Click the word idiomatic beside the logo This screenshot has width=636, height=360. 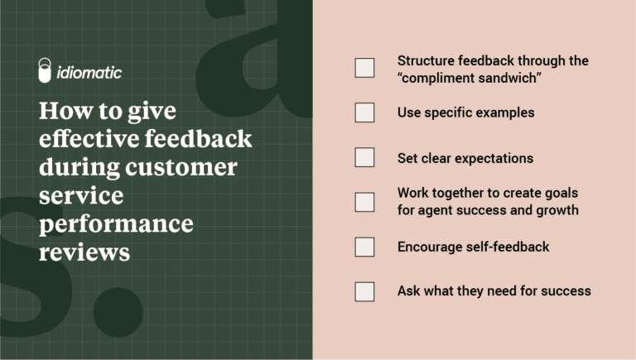(x=90, y=73)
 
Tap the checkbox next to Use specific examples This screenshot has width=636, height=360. (x=364, y=113)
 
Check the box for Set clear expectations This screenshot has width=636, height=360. (x=364, y=157)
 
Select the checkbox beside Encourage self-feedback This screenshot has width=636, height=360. (x=364, y=247)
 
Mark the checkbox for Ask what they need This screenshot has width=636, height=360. (x=364, y=291)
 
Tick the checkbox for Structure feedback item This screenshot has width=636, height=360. (x=364, y=68)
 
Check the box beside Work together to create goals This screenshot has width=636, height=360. (x=364, y=202)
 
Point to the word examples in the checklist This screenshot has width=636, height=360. (x=504, y=113)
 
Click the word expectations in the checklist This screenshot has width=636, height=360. (x=493, y=157)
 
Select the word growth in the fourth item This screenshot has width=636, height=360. (x=556, y=210)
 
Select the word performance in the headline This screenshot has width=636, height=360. (x=115, y=223)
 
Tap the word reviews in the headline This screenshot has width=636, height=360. (x=84, y=252)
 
